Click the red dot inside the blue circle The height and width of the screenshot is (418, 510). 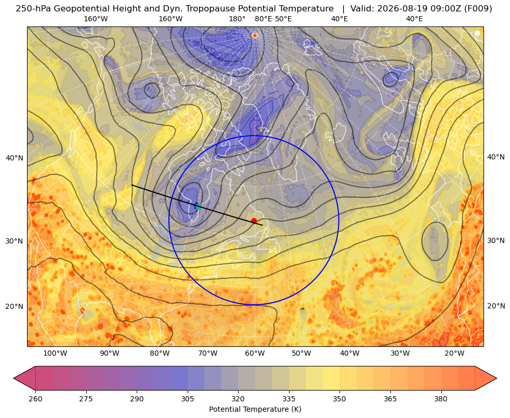point(254,221)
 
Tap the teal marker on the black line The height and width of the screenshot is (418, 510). point(198,206)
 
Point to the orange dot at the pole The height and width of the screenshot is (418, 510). point(255,35)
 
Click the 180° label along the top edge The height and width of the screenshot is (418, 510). point(237,19)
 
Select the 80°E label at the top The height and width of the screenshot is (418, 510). point(263,19)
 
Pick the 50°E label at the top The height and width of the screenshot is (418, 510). point(283,19)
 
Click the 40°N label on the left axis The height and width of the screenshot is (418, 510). point(15,158)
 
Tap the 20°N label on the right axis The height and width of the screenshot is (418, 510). point(496,306)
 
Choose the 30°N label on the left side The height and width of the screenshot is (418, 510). point(15,241)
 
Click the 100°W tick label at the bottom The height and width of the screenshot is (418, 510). point(55,354)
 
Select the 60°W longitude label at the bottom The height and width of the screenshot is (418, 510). point(255,354)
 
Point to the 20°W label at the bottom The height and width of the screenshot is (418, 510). point(454,354)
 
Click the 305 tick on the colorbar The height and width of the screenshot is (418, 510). point(187,399)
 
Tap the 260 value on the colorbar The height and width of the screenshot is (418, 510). point(35,399)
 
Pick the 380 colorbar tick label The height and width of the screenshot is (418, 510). point(441,399)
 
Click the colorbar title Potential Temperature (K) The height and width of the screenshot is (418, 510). point(255,409)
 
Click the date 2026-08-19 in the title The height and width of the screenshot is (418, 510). point(394,9)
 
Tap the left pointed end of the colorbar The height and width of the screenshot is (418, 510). point(14,378)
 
